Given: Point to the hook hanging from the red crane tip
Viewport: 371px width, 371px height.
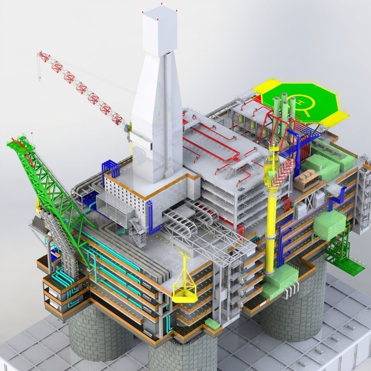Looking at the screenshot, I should pyautogui.click(x=40, y=78).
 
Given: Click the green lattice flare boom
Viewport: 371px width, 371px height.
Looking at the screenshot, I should pyautogui.click(x=52, y=192).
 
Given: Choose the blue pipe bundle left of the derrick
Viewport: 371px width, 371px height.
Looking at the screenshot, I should pyautogui.click(x=110, y=170).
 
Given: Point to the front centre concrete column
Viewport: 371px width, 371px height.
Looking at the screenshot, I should pyautogui.click(x=182, y=354).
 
